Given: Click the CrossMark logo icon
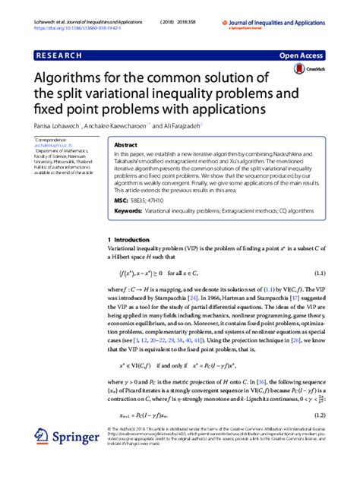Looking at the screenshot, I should (x=302, y=69).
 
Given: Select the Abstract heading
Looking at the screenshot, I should (x=125, y=144).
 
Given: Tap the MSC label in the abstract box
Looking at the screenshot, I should (x=121, y=199).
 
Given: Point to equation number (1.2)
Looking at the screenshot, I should (x=320, y=415).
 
